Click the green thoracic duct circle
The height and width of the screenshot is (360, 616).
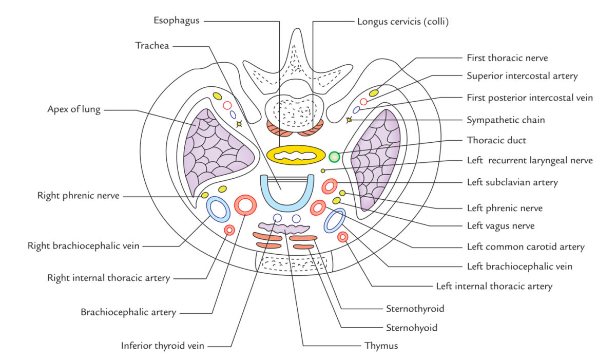335,156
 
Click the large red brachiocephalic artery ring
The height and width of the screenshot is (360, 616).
245,205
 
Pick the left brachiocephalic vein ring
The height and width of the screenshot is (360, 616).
334,220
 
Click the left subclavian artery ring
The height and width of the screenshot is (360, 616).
329,186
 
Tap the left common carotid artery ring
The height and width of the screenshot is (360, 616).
318,208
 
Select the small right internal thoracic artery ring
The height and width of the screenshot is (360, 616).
229,230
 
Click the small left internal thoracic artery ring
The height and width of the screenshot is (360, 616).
342,236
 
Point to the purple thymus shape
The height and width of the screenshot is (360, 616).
284,228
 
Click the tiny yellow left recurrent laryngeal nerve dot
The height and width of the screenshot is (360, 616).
323,170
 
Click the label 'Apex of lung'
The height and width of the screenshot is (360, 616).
74,109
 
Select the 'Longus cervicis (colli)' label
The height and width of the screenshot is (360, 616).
402,22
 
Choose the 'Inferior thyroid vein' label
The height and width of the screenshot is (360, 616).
162,346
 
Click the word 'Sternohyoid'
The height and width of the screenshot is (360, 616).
411,327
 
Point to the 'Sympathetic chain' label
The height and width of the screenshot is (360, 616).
506,120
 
